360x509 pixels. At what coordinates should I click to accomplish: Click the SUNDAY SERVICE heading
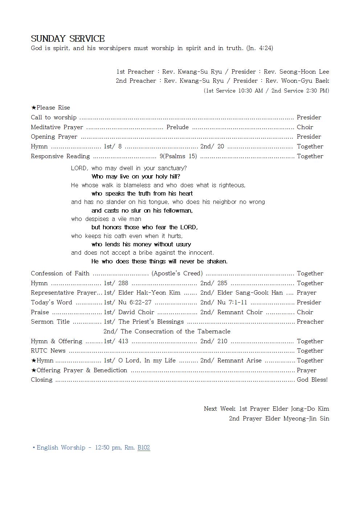tap(68, 38)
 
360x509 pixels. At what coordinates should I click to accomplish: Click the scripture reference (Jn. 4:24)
tap(259, 48)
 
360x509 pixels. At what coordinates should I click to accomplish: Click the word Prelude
tap(177, 127)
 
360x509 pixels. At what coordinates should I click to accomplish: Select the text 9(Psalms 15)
tap(178, 156)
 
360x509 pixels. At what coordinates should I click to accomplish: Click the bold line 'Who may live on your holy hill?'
tap(136, 177)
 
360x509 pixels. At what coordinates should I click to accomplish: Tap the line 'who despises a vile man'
tap(106, 219)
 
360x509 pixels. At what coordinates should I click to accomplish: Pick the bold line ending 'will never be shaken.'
tap(159, 261)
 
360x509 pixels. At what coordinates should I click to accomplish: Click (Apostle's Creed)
tap(177, 273)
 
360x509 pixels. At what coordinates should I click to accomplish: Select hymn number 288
tap(123, 283)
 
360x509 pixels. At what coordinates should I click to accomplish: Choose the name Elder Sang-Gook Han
tap(250, 292)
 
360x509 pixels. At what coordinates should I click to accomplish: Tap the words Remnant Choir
tap(240, 312)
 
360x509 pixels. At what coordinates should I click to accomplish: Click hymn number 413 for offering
tap(123, 341)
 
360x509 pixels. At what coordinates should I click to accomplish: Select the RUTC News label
tap(48, 350)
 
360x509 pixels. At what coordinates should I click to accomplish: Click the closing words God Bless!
tap(312, 379)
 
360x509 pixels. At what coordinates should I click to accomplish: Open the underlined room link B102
tap(144, 447)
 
